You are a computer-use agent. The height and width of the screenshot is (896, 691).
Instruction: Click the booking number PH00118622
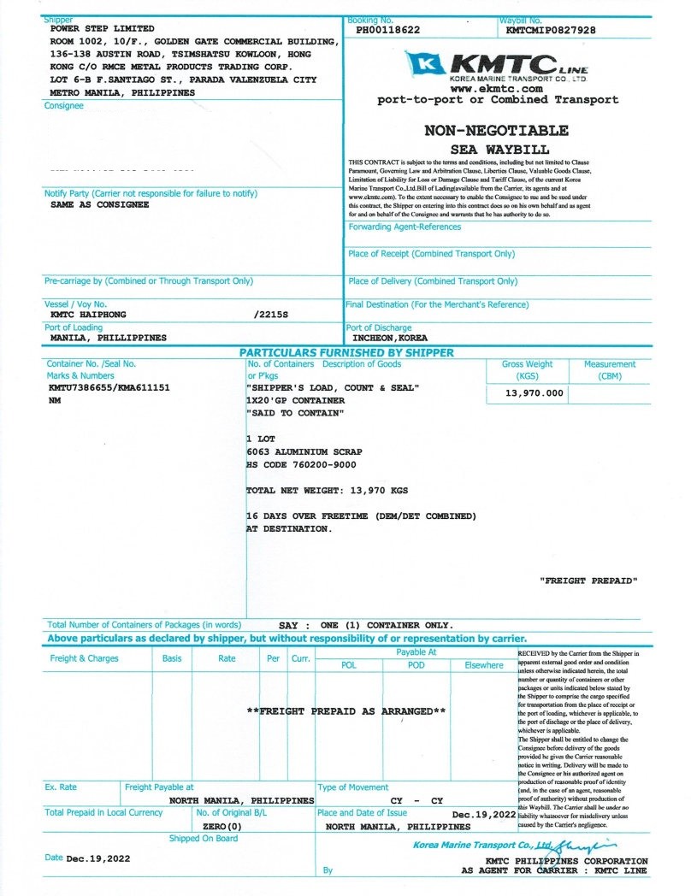pos(387,30)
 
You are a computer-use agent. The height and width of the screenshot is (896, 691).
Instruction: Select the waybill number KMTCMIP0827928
pos(551,30)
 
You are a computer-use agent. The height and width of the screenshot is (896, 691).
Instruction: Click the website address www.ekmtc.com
pos(497,88)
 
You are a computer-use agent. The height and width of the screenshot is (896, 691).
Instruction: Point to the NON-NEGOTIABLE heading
pos(496,131)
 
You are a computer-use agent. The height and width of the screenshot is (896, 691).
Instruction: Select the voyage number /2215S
pos(272,315)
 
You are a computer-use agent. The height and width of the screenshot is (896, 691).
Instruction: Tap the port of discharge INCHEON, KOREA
pos(390,338)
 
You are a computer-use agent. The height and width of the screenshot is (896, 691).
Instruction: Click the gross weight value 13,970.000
pos(534,392)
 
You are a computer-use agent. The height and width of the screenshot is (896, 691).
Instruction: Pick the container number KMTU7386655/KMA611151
pos(109,387)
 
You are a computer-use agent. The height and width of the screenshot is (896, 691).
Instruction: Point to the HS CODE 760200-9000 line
pos(301,464)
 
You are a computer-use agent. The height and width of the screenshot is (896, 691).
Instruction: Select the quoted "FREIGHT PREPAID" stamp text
pos(589,581)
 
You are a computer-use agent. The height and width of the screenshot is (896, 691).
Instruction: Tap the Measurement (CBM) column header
pos(610,369)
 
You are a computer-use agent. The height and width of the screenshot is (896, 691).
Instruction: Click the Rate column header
pos(227,658)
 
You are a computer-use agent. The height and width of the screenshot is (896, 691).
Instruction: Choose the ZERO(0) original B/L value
pos(221,827)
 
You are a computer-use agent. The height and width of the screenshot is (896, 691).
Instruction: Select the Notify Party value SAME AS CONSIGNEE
pos(100,205)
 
